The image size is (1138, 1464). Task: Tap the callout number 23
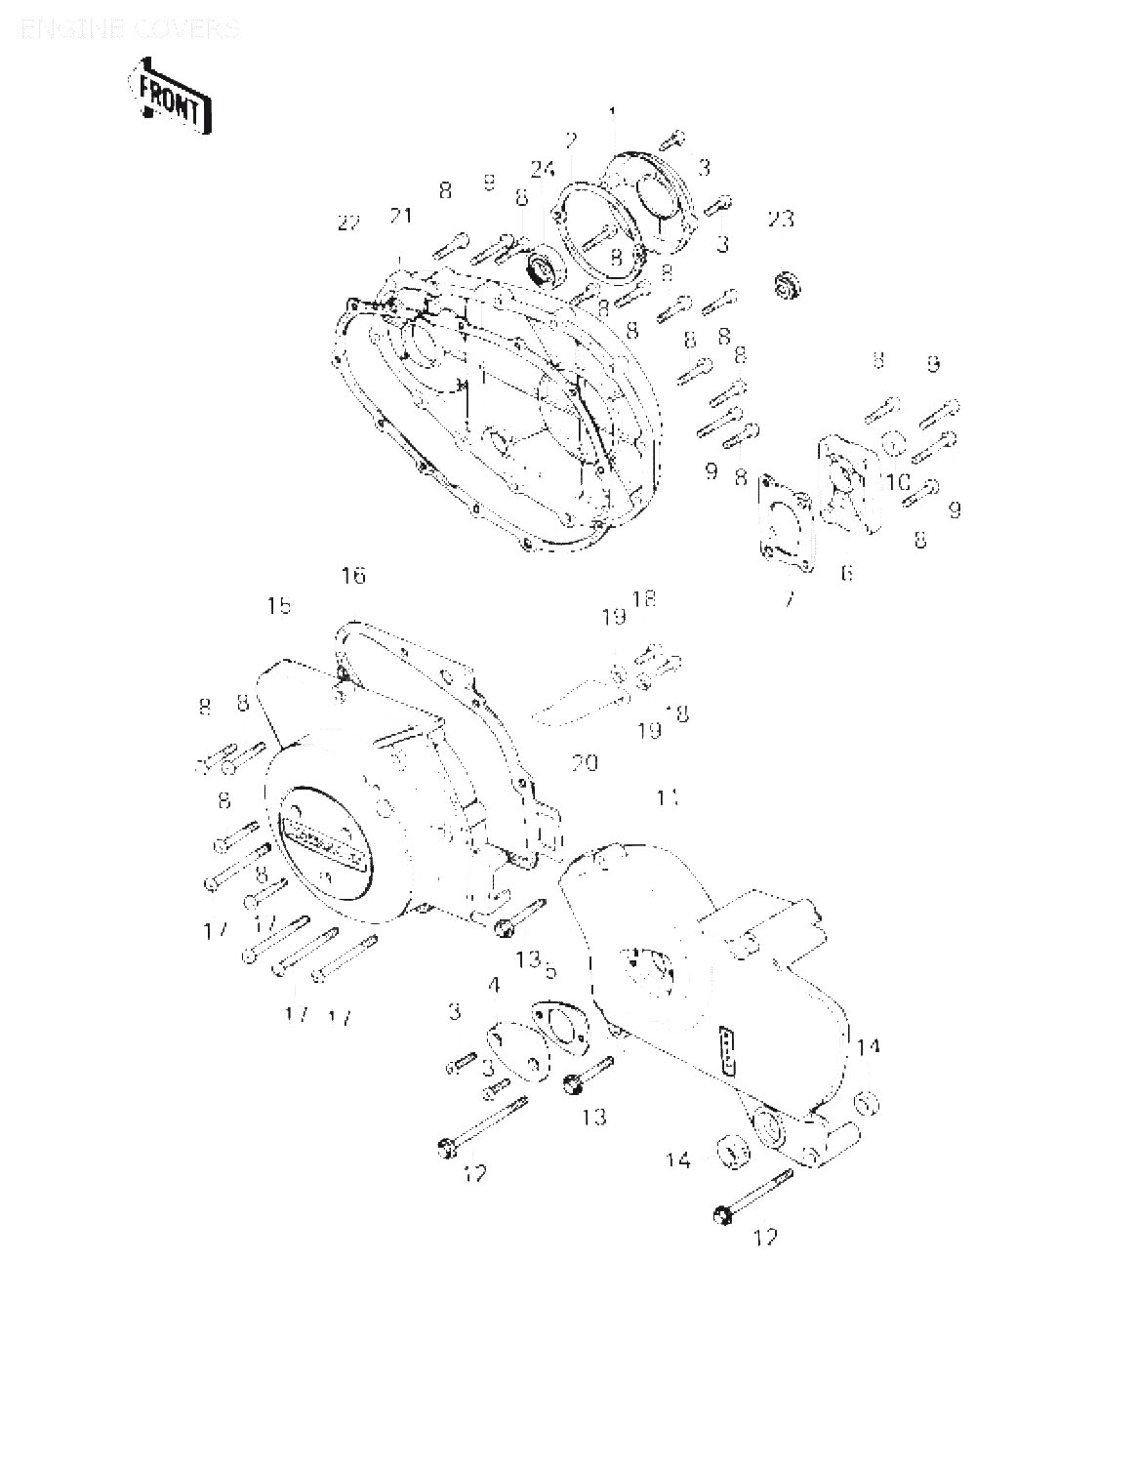pyautogui.click(x=780, y=220)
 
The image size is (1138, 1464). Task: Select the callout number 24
pyautogui.click(x=543, y=169)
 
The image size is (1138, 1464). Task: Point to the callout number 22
pyautogui.click(x=348, y=223)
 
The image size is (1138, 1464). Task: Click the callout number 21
pyautogui.click(x=401, y=217)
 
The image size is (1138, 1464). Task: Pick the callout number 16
pyautogui.click(x=353, y=575)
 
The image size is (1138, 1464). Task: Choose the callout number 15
pyautogui.click(x=279, y=606)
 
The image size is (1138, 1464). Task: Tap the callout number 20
pyautogui.click(x=585, y=761)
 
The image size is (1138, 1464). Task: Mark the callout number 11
pyautogui.click(x=668, y=798)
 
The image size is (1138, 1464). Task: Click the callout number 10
pyautogui.click(x=898, y=482)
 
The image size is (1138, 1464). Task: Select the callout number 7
pyautogui.click(x=790, y=597)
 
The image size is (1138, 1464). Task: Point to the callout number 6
pyautogui.click(x=847, y=574)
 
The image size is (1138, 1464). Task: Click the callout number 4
pyautogui.click(x=494, y=986)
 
